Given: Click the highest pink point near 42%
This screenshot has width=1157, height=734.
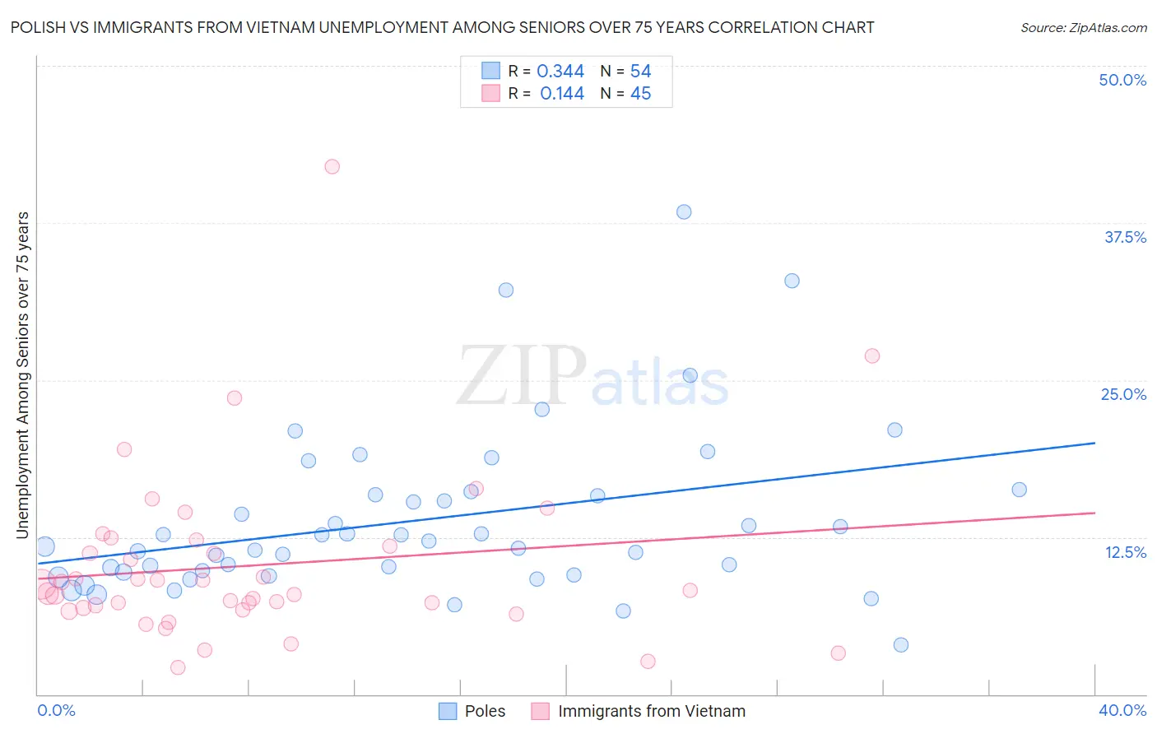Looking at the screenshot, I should (x=332, y=166).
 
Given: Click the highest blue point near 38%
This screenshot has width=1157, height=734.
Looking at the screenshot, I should (x=684, y=211).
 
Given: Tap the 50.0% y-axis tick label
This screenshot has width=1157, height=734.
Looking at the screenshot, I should (x=1122, y=80).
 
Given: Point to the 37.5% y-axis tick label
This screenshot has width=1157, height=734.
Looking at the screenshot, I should (x=1125, y=237).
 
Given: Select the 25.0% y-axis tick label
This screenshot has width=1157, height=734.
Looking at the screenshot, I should (x=1123, y=394).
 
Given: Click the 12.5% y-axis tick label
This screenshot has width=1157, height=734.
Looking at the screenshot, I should (x=1125, y=551).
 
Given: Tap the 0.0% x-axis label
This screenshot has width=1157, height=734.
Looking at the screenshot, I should (x=56, y=710).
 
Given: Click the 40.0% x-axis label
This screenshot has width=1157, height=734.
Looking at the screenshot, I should (x=1122, y=710).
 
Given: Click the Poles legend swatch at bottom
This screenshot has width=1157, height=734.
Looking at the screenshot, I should (x=448, y=711).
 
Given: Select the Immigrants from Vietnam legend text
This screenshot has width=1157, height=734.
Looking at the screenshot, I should (x=652, y=711).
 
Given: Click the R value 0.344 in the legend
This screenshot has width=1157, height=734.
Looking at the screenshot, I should (x=560, y=72).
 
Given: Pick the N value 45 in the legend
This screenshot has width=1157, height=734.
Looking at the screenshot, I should (x=640, y=94).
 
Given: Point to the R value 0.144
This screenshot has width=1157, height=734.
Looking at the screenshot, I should (x=562, y=94).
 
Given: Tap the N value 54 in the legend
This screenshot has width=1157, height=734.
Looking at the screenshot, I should (x=640, y=72).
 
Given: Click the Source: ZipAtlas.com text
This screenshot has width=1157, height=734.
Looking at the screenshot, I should (x=1083, y=27).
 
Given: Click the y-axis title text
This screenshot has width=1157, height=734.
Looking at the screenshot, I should (x=23, y=375).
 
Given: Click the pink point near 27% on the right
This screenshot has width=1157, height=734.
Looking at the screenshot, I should (x=872, y=355).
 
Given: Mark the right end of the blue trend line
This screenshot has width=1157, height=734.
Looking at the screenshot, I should (x=1094, y=443).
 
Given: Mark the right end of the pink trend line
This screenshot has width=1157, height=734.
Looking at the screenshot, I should (x=1094, y=513).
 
